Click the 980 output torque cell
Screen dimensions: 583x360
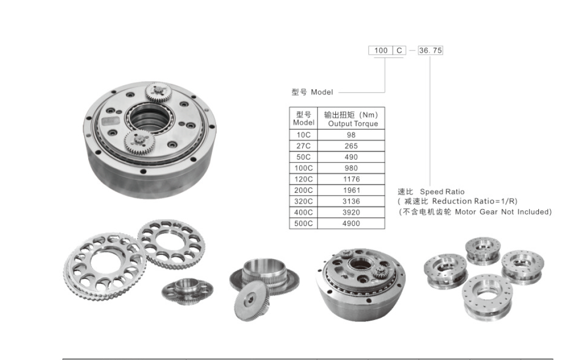[351, 168]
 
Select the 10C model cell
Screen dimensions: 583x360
[303, 135]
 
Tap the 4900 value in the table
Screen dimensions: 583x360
[351, 223]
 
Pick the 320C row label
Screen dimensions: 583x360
[303, 201]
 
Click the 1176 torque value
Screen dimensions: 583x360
[351, 179]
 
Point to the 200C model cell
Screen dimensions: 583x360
[303, 190]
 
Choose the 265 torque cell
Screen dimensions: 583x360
[351, 146]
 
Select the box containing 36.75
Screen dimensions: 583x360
[431, 50]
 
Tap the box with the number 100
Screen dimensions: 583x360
[381, 50]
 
